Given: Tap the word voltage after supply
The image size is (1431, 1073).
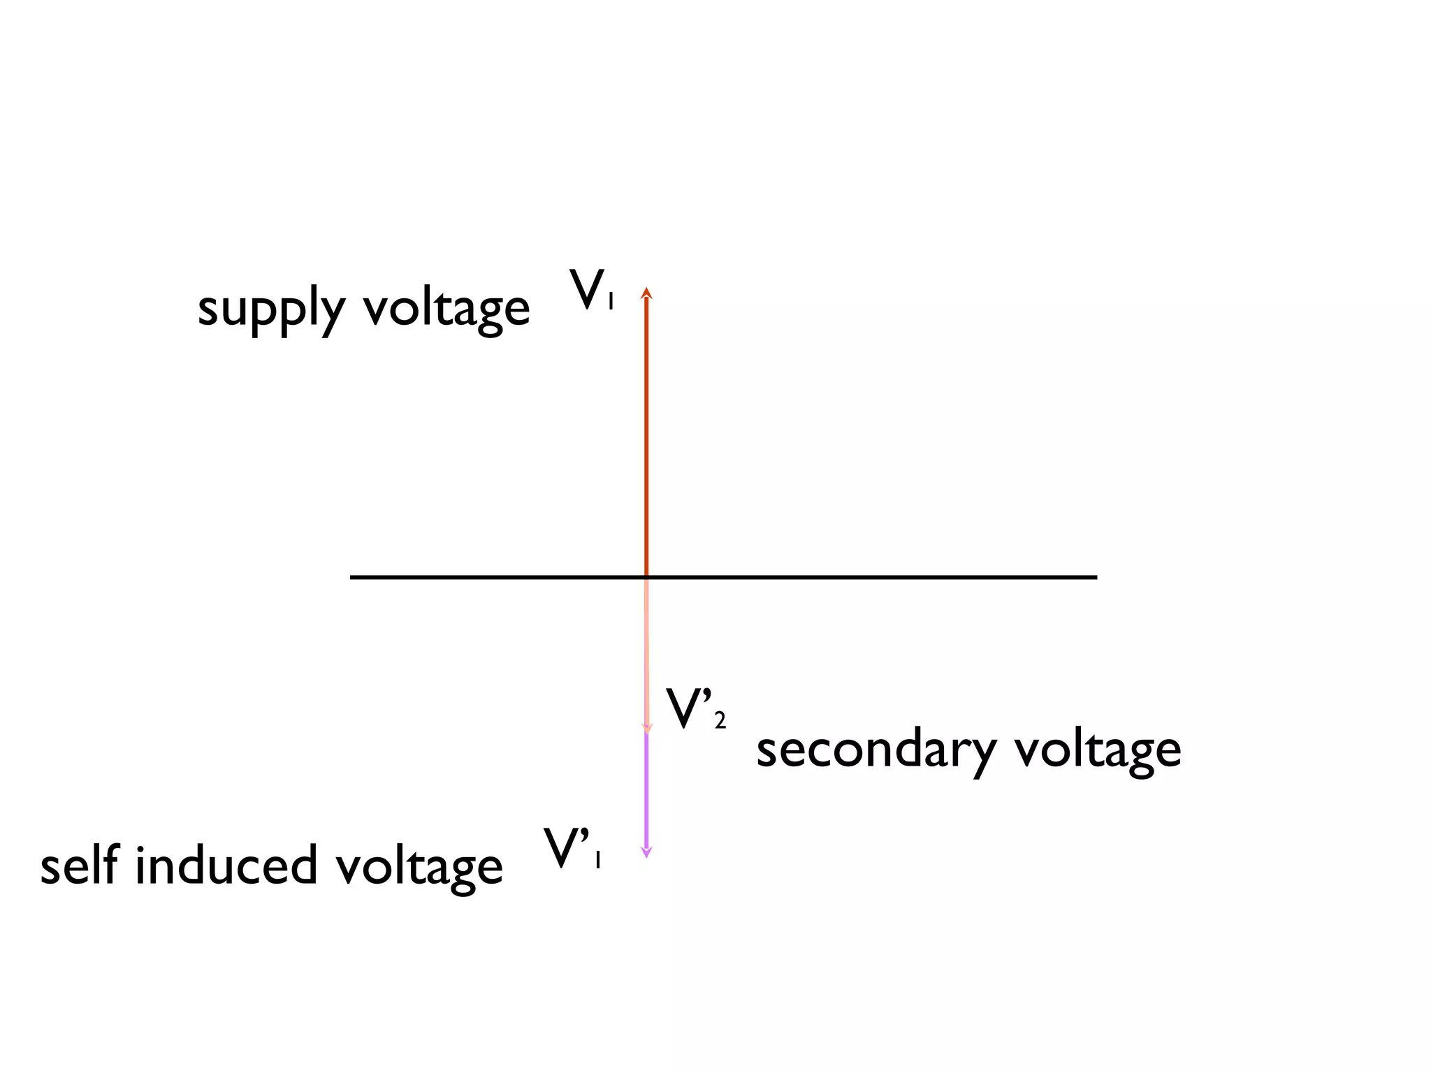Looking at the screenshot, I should point(446,309).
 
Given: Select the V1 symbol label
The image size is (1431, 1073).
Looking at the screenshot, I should point(591,290).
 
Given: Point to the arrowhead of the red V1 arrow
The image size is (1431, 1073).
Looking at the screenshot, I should point(646,293).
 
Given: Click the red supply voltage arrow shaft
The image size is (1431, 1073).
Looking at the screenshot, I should point(646,433).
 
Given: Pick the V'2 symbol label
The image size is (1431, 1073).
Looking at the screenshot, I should point(695,709).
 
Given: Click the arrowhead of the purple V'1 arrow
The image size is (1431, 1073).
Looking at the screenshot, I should point(646,852).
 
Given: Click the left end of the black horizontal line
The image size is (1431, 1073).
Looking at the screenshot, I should point(352,577).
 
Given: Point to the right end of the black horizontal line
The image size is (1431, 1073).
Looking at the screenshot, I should point(1095,577).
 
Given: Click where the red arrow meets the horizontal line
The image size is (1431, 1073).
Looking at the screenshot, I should point(646,577).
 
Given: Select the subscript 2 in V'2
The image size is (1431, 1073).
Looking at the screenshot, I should point(720,720).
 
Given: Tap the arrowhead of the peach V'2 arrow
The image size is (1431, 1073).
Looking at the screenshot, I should point(647,729).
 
